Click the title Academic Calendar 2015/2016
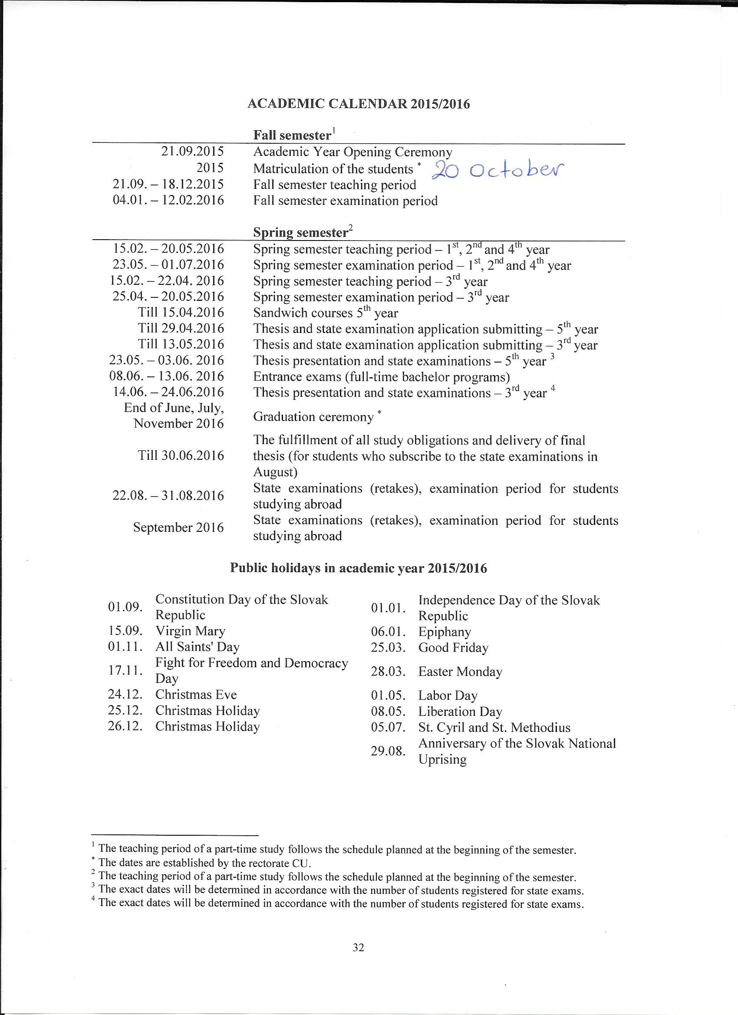[x=359, y=104]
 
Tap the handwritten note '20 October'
[x=497, y=170]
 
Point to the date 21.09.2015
[x=192, y=152]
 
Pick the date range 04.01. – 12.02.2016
[x=168, y=200]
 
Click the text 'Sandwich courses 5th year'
[x=325, y=313]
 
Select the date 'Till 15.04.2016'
[x=181, y=313]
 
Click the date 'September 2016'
[x=178, y=527]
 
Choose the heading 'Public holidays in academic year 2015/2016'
[x=359, y=568]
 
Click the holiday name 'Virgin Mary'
[x=190, y=631]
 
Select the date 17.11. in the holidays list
[x=125, y=670]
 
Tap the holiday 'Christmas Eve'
[x=196, y=695]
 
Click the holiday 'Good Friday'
[x=453, y=648]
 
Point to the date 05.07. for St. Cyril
[x=388, y=727]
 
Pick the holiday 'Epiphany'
[x=445, y=632]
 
